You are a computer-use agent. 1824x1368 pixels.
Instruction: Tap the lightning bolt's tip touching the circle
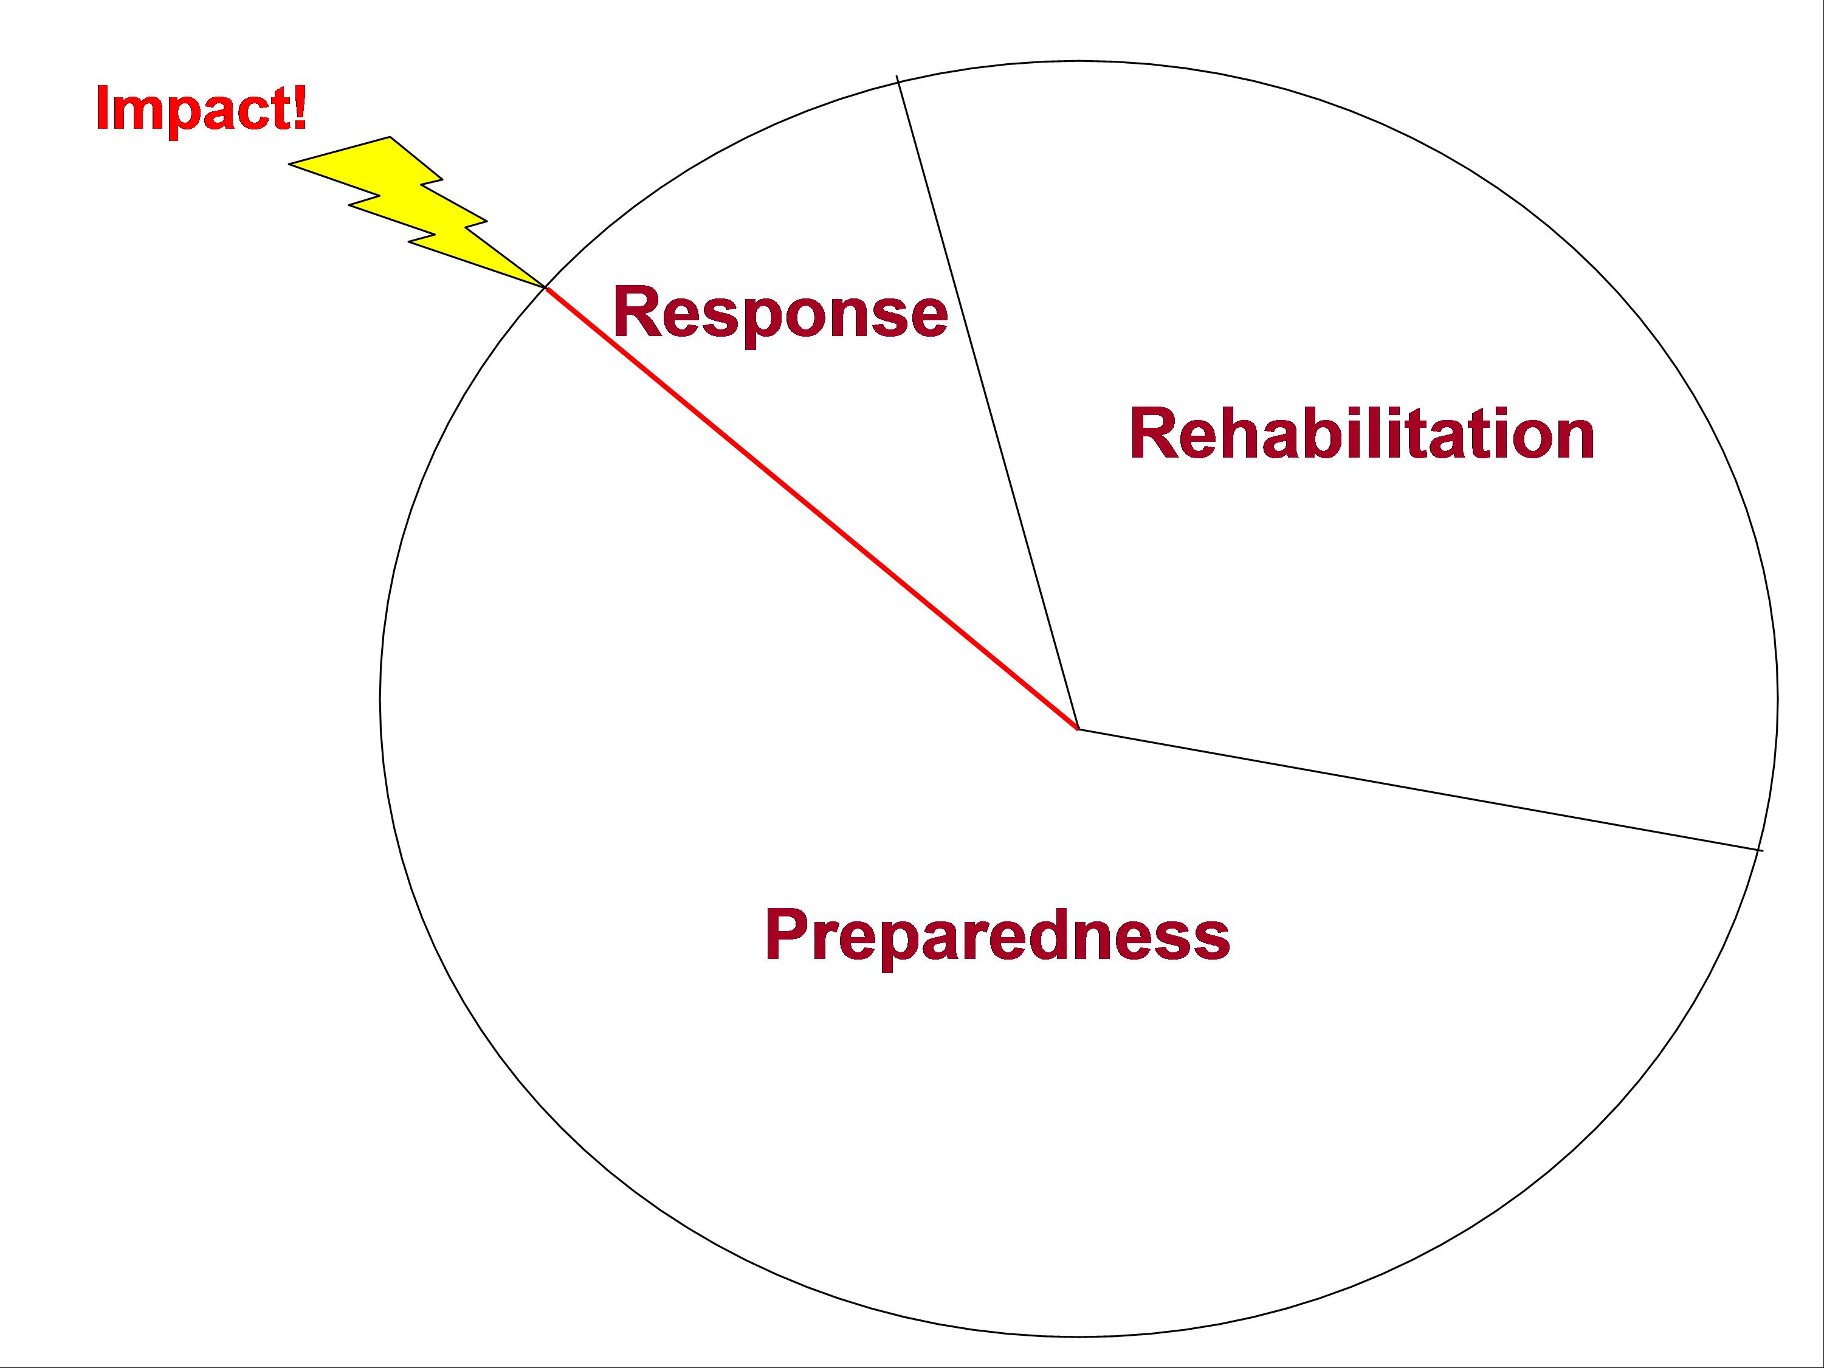click(x=543, y=286)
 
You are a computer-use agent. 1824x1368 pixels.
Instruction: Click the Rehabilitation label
click(x=1361, y=434)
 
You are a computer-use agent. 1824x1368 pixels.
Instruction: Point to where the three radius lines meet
click(x=1078, y=729)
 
